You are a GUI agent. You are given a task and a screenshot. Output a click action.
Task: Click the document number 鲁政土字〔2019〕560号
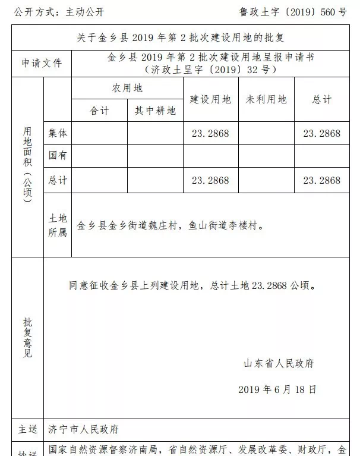(x=293, y=11)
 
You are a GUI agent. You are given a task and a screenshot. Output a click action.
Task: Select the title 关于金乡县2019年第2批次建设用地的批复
(x=181, y=37)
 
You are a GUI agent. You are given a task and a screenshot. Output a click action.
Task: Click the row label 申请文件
(x=42, y=63)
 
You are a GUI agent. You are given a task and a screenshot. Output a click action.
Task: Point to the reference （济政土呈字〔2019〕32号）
(x=210, y=70)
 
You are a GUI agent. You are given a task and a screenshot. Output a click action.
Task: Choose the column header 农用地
(x=127, y=89)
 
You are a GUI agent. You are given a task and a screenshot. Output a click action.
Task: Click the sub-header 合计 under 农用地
(x=99, y=111)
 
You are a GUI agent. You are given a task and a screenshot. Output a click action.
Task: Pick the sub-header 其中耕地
(x=155, y=111)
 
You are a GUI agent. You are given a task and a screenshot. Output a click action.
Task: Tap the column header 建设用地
(x=210, y=99)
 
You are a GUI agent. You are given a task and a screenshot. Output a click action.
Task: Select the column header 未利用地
(x=266, y=99)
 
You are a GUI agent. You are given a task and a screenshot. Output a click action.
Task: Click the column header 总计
(x=322, y=99)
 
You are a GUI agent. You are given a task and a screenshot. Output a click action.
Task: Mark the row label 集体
(x=58, y=133)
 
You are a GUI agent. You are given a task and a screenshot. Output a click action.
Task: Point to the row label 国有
(x=58, y=156)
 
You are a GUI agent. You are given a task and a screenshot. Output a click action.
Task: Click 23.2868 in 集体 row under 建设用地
(x=210, y=133)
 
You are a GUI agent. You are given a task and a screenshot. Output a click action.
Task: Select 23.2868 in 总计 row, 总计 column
(x=322, y=180)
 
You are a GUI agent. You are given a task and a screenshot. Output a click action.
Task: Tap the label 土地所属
(x=58, y=225)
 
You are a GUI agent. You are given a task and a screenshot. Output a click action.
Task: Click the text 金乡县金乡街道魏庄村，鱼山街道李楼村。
(x=170, y=226)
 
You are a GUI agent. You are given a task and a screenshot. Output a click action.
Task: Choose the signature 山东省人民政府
(x=279, y=363)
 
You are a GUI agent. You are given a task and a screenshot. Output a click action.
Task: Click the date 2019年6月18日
(x=277, y=389)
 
